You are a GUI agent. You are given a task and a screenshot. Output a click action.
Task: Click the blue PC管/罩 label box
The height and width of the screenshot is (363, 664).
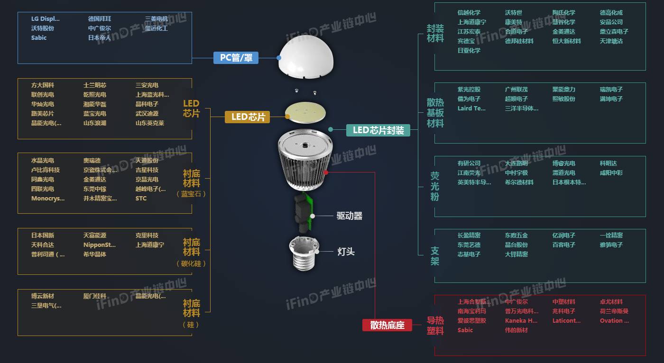236,58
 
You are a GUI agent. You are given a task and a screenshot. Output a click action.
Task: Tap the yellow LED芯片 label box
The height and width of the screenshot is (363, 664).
247,117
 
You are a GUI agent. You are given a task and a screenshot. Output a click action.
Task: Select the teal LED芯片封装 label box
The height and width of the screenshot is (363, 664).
378,130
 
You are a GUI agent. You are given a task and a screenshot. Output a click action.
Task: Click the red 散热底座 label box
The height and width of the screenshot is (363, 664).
387,325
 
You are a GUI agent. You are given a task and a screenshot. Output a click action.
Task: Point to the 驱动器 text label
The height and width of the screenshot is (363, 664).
350,216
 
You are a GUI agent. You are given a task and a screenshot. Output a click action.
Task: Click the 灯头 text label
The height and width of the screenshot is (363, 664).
346,252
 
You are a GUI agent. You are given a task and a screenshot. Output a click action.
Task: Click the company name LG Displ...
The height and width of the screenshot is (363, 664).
46,19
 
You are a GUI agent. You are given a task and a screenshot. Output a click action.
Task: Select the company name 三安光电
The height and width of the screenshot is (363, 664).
147,85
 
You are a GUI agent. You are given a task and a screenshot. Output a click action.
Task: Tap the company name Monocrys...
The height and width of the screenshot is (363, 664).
48,199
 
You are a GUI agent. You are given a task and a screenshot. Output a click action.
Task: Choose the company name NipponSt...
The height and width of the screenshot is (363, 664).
100,245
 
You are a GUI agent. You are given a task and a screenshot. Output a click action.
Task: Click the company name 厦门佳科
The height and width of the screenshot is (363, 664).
95,296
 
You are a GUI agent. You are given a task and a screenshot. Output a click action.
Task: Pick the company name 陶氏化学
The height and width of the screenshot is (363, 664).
564,13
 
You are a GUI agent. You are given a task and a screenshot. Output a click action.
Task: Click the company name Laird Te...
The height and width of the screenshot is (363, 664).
471,109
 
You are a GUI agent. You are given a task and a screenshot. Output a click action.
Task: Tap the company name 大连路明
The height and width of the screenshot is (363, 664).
516,163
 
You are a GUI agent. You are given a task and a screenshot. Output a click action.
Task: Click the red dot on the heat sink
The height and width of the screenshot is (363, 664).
326,172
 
